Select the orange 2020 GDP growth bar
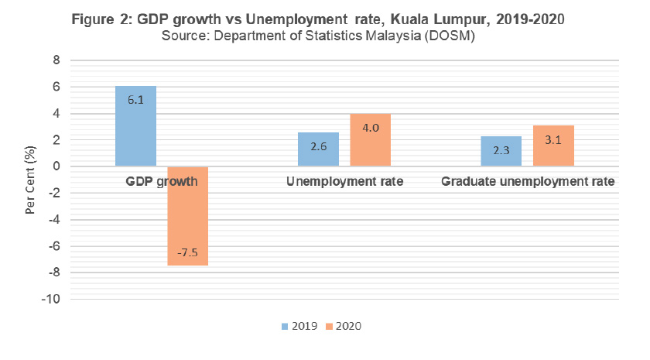click(x=187, y=216)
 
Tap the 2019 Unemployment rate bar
click(x=318, y=149)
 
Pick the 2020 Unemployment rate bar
click(x=370, y=140)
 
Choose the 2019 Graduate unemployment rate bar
click(x=501, y=152)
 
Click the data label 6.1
click(x=135, y=101)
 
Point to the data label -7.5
click(x=187, y=252)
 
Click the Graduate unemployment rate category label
click(x=528, y=183)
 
